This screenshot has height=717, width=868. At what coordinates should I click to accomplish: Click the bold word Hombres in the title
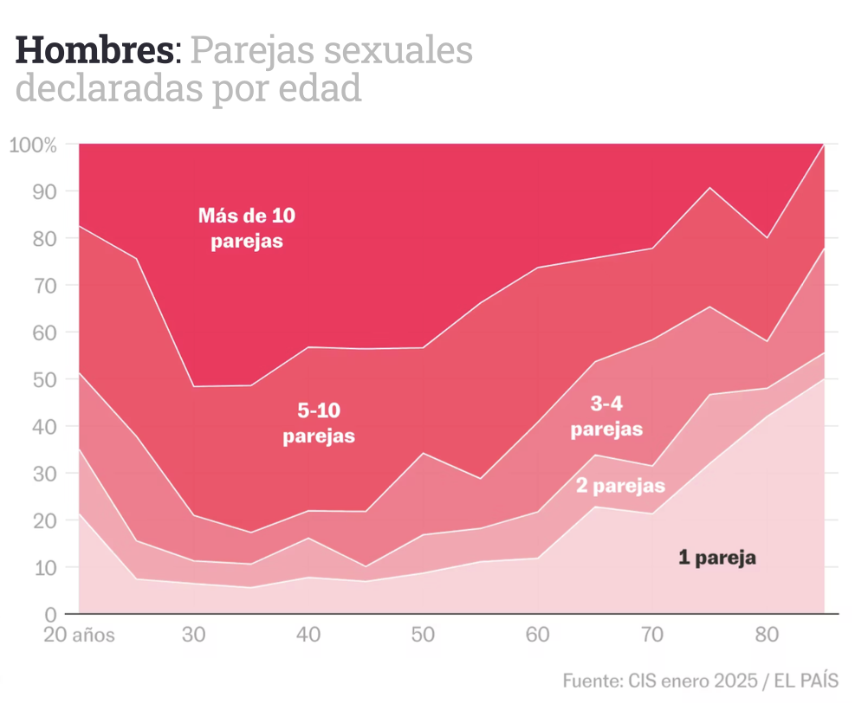[x=94, y=51]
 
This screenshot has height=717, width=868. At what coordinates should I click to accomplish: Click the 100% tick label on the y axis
[x=34, y=145]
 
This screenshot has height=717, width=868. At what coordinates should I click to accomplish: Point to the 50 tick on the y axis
[x=43, y=379]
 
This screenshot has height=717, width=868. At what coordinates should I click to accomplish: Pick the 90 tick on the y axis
[x=43, y=191]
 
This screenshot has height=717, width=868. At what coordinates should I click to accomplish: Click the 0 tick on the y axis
[x=49, y=615]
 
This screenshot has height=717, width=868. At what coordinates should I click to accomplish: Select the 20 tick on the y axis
[x=43, y=520]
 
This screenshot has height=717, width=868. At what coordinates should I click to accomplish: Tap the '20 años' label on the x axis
[x=80, y=635]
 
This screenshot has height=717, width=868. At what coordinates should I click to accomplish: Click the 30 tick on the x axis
[x=194, y=635]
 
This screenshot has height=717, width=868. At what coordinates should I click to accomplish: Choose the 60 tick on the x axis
[x=538, y=635]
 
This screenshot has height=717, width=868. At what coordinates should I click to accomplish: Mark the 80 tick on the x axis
[x=767, y=635]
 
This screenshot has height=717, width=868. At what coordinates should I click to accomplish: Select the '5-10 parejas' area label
[x=319, y=424]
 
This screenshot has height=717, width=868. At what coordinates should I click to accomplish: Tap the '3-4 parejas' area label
[x=606, y=417]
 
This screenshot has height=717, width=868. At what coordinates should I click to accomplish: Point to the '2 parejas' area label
[x=620, y=485]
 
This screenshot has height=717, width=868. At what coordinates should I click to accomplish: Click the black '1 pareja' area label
[x=717, y=558]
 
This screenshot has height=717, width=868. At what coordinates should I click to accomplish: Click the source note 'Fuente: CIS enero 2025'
[x=658, y=680]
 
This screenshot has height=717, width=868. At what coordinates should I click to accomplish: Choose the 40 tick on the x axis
[x=308, y=635]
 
